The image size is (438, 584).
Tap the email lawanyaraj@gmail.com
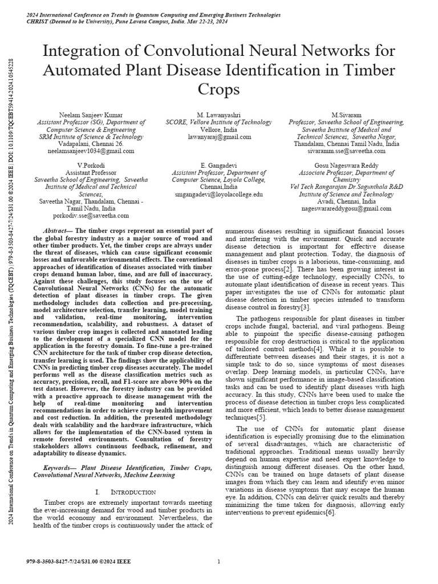point(219,137)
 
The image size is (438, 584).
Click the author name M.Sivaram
point(346,115)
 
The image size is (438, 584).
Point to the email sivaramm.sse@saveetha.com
point(346,152)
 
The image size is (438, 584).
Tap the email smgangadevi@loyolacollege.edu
point(219,194)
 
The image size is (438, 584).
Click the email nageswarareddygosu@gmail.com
point(346,209)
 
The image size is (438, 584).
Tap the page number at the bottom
point(219,562)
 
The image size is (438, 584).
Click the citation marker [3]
point(305,307)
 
